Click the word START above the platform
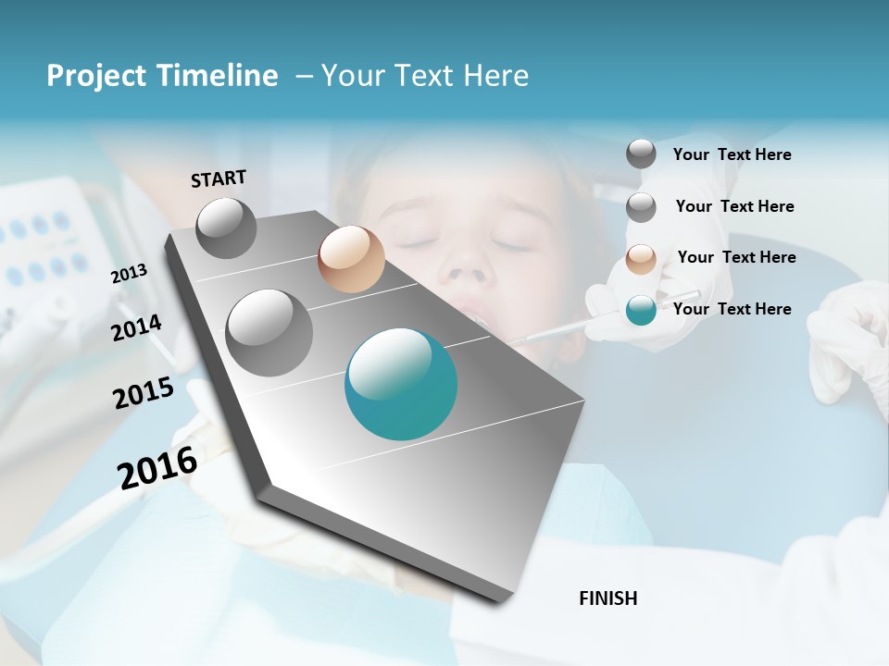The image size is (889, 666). click(x=219, y=179)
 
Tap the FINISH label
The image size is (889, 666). click(x=607, y=598)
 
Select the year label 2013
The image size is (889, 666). click(x=129, y=274)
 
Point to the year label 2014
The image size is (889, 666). click(x=136, y=328)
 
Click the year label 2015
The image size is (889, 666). click(x=144, y=393)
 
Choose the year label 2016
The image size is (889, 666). click(x=157, y=468)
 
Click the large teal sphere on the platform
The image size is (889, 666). click(x=401, y=384)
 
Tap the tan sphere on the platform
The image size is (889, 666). click(x=351, y=259)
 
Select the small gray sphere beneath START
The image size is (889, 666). click(x=226, y=228)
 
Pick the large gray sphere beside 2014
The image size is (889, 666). click(x=269, y=332)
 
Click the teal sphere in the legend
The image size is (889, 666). click(x=641, y=310)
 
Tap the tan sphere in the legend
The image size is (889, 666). click(x=641, y=259)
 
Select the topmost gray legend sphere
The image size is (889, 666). click(x=641, y=154)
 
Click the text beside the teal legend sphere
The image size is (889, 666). click(x=732, y=309)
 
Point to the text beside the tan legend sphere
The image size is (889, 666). click(x=736, y=257)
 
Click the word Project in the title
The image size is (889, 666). click(x=94, y=76)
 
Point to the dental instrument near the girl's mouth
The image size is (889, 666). click(x=546, y=331)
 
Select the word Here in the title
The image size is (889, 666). click(x=495, y=76)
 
